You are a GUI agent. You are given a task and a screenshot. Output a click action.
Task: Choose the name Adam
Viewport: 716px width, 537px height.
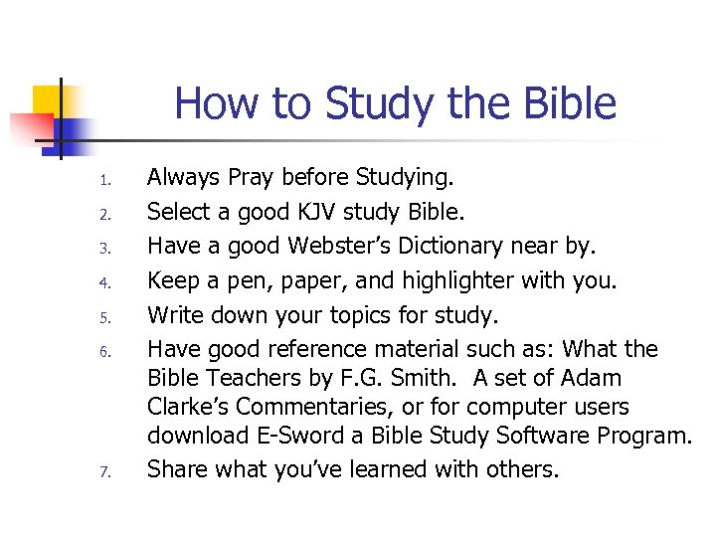pyautogui.click(x=592, y=378)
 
